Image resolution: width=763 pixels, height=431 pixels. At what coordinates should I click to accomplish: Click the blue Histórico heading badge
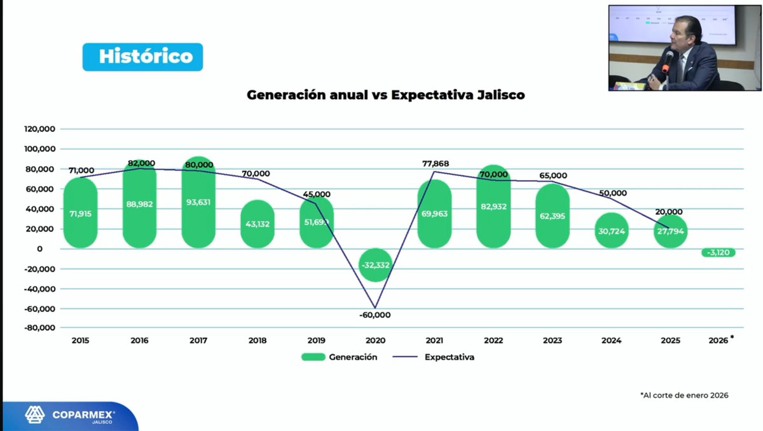tap(142, 57)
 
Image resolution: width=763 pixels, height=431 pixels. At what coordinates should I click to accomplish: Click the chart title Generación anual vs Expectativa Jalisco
tap(385, 95)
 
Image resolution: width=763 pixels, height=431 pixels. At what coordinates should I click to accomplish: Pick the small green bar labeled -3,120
tap(718, 252)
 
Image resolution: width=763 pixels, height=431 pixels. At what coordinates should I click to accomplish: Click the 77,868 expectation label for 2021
tap(436, 163)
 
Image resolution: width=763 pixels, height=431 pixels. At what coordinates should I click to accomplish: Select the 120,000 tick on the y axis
tap(41, 129)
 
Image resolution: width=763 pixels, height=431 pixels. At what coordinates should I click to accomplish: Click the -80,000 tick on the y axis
tap(41, 328)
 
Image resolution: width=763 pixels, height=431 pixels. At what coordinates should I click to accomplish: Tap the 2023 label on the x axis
tap(553, 341)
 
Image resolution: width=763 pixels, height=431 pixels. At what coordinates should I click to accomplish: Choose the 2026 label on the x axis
tap(718, 341)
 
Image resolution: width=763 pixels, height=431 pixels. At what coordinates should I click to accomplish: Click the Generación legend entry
tap(340, 357)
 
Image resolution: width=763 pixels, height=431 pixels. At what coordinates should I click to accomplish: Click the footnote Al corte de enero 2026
tap(684, 395)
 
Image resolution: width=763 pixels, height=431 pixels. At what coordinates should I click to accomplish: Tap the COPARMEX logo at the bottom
tap(70, 416)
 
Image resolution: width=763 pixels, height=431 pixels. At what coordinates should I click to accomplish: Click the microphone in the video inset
tap(667, 61)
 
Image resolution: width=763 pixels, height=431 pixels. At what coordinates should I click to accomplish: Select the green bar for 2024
tap(612, 230)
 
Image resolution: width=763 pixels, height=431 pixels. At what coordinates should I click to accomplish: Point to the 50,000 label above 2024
tap(613, 193)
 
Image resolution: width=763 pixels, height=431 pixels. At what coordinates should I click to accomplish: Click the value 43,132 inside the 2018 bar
tap(258, 224)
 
